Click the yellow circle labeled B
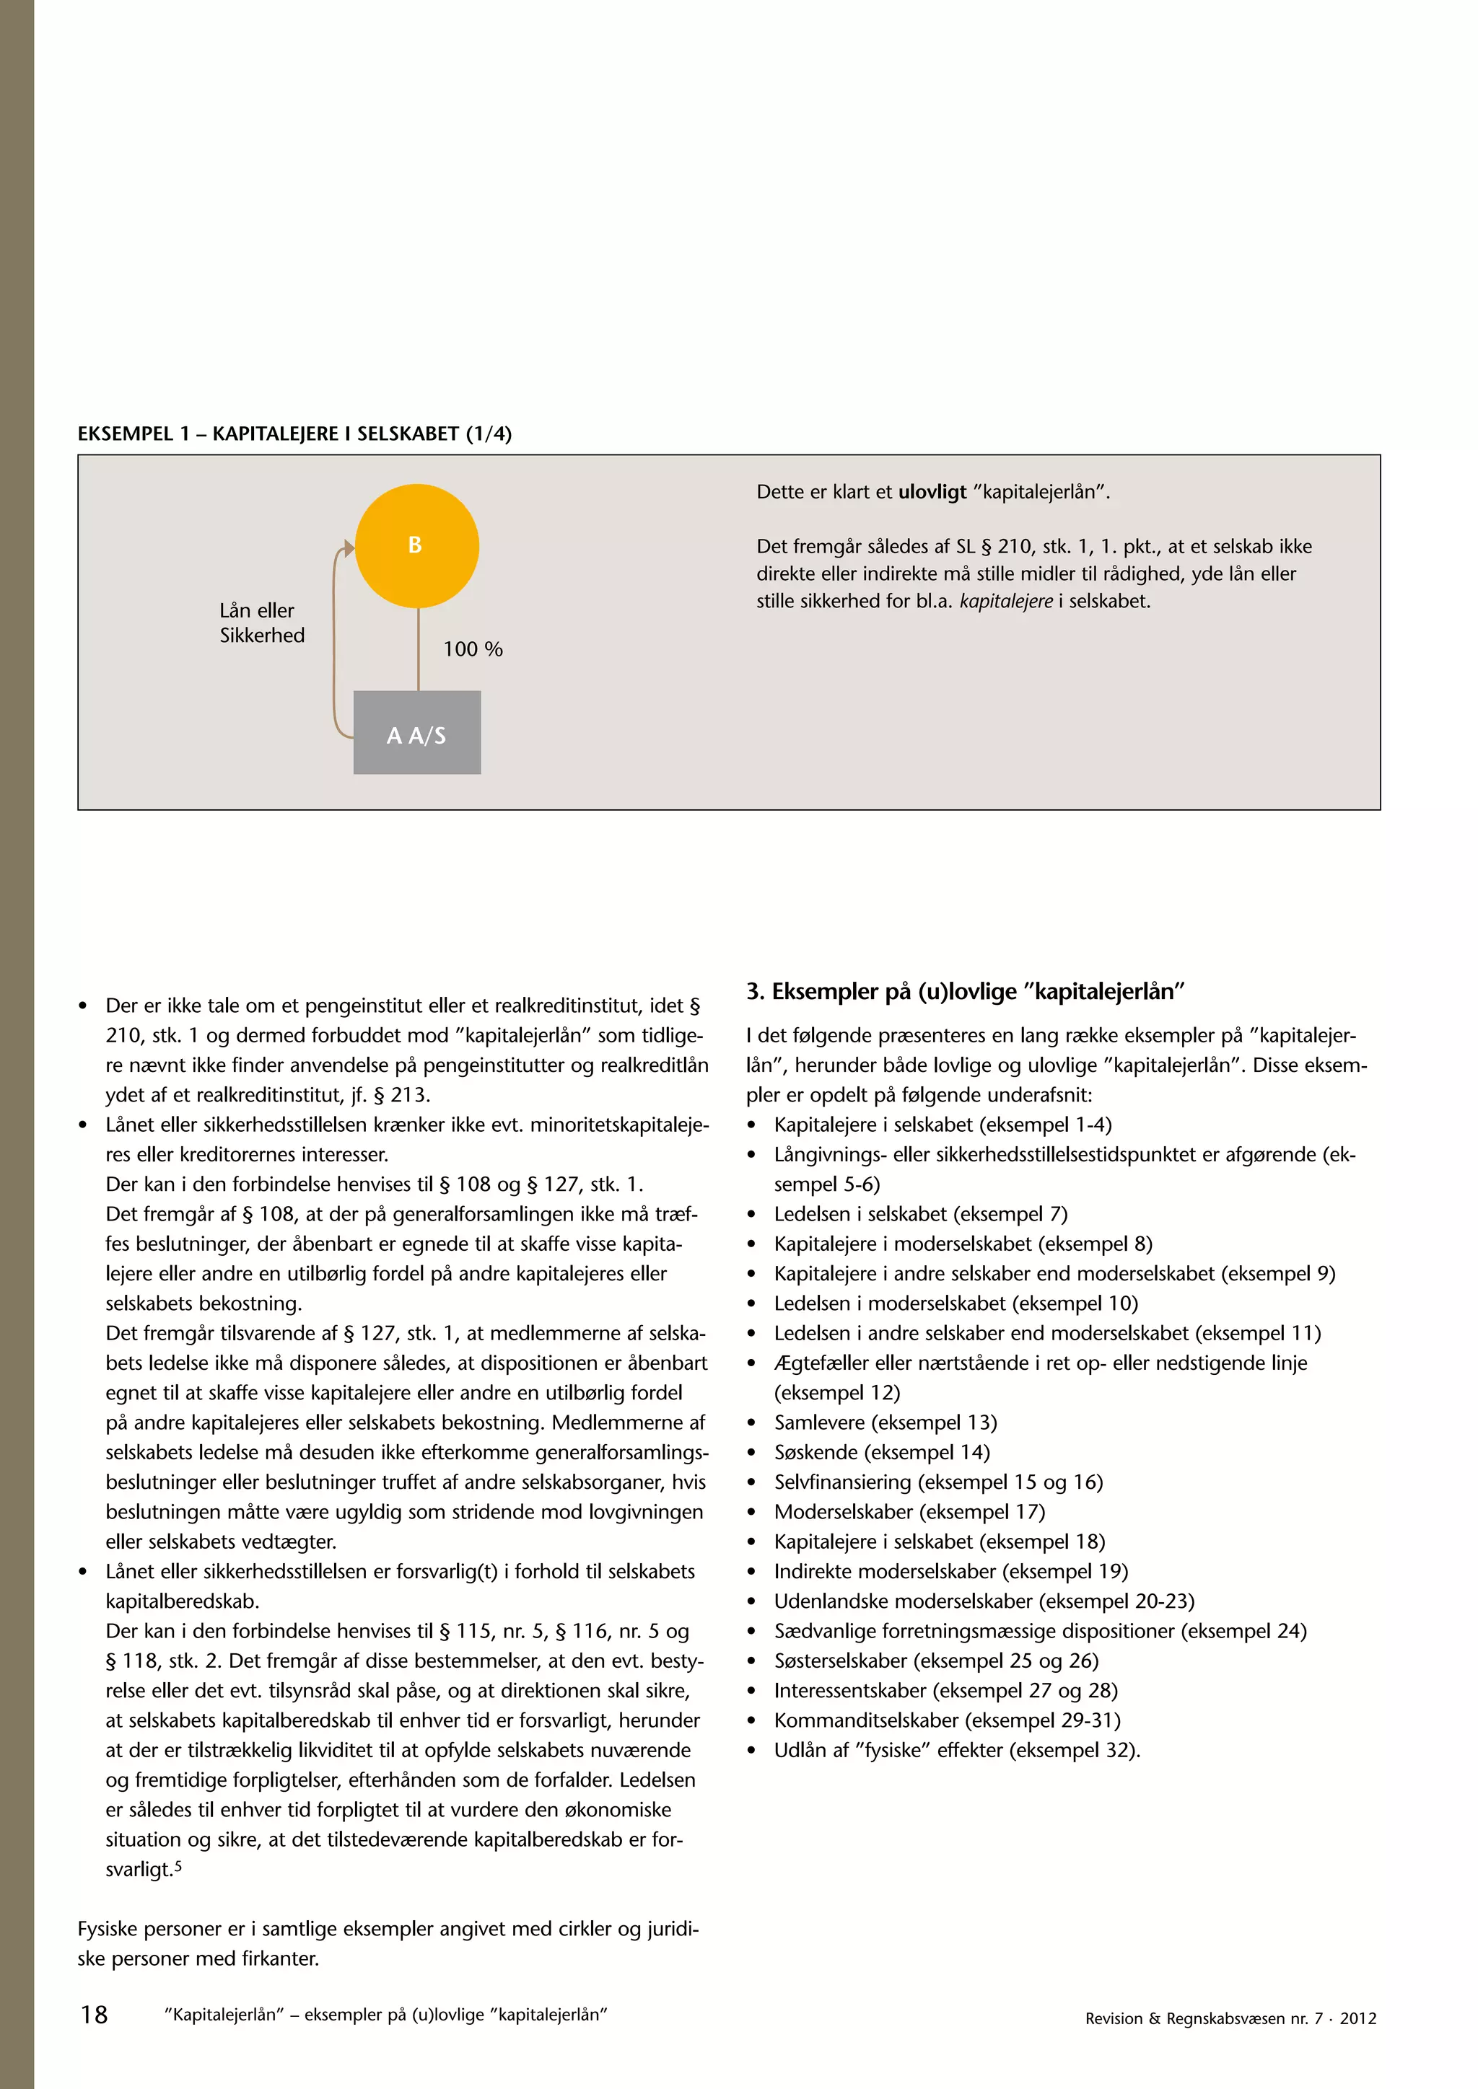point(417,545)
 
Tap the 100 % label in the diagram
point(473,648)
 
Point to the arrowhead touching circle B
point(348,547)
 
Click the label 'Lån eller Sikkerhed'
point(261,623)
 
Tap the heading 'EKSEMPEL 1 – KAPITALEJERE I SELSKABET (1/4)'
point(294,434)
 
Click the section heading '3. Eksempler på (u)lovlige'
point(965,991)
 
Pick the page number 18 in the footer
point(94,2015)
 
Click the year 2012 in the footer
point(1358,2018)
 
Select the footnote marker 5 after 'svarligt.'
point(178,1866)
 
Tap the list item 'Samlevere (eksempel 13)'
point(885,1422)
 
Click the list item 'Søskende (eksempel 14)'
point(881,1452)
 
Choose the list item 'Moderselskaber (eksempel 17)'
point(909,1511)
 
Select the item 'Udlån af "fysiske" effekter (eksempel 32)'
point(956,1750)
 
